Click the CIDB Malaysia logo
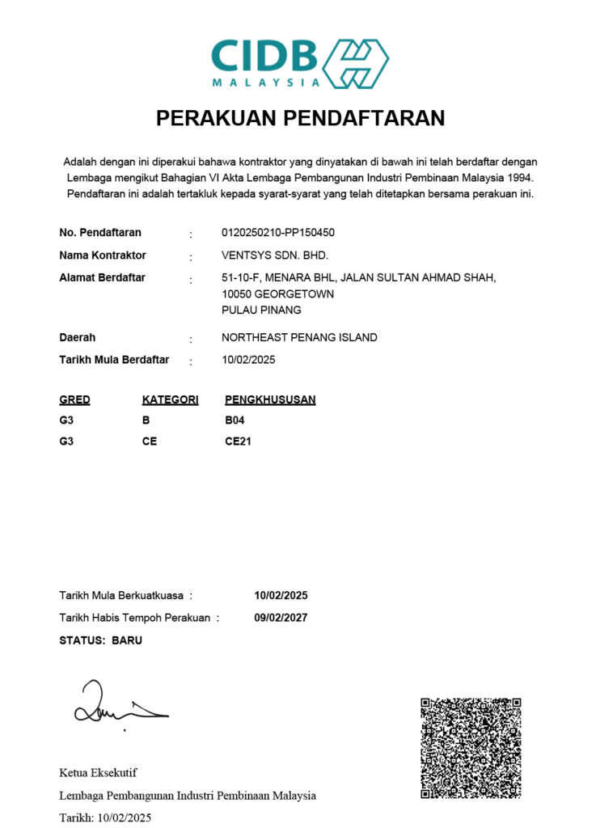coord(299,62)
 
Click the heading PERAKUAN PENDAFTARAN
coord(300,118)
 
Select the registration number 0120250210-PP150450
coord(277,233)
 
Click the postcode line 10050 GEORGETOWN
coord(277,294)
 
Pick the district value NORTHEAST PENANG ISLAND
coord(298,338)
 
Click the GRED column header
coord(74,400)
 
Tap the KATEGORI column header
coord(170,400)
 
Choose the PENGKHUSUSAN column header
coord(270,400)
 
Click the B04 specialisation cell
coord(235,420)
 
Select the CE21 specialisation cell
coord(238,441)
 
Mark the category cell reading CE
coord(150,441)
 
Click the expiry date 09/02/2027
coord(281,618)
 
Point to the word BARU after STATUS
coord(127,640)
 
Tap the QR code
coord(471,748)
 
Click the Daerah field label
coord(77,338)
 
